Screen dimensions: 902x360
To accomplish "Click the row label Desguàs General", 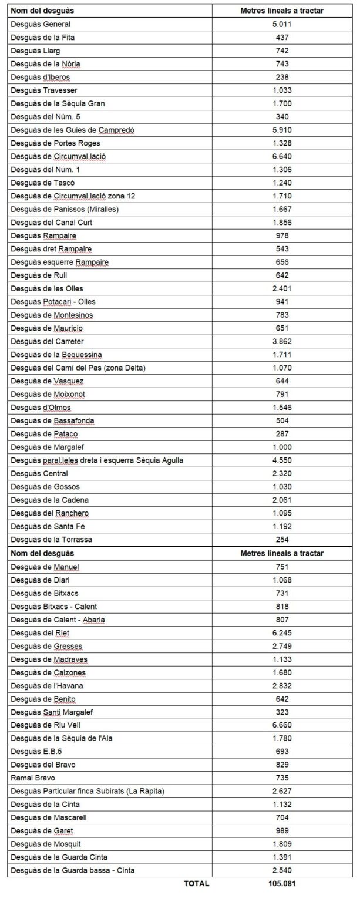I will tap(41, 24).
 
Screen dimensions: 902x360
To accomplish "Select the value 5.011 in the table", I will tap(282, 24).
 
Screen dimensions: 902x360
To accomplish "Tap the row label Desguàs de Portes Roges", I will tap(55, 143).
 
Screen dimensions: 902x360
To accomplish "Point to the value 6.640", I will tap(282, 156).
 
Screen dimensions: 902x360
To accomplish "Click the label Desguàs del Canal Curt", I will tap(51, 222).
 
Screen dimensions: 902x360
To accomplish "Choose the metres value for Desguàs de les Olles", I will tap(282, 288).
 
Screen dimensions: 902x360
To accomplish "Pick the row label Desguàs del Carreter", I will tap(47, 341).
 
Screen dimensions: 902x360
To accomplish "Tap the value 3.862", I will tap(282, 341).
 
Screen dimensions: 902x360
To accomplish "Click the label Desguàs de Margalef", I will tap(48, 447).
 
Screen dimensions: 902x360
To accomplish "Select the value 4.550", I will tap(282, 460).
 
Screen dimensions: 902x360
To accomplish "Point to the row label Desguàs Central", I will tap(39, 473).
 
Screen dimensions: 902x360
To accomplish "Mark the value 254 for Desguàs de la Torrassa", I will tap(282, 540).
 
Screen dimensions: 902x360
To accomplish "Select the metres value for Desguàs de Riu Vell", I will tap(282, 725).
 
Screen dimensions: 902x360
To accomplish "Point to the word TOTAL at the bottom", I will tap(197, 883).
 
